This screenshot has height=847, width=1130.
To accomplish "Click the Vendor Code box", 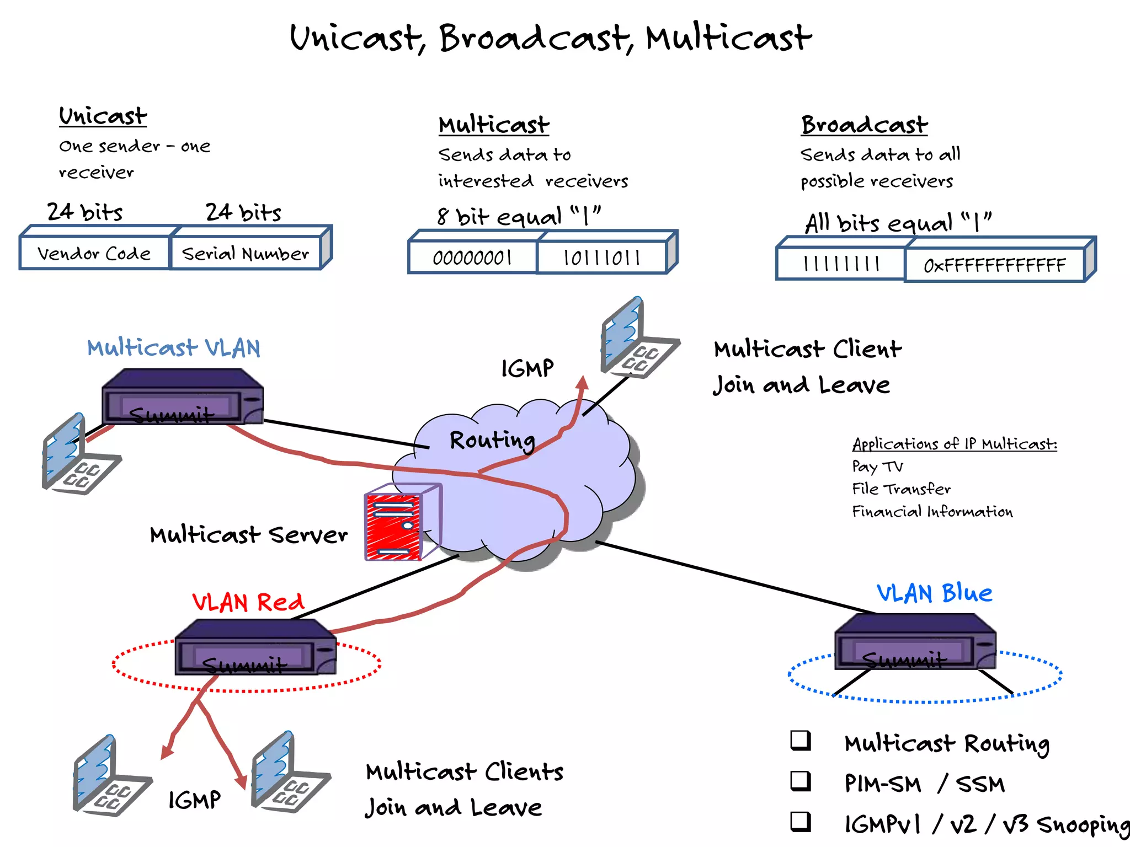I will click(x=94, y=253).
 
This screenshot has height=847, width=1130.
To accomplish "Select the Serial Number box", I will click(x=246, y=253).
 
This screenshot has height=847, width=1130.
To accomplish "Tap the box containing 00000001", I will click(x=472, y=258).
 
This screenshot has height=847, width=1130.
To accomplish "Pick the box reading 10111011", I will click(x=601, y=258).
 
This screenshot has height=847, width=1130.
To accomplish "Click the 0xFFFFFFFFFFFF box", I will click(x=994, y=266).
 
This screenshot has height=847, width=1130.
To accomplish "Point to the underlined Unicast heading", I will click(x=103, y=116).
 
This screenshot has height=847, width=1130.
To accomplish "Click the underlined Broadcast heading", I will click(x=864, y=125).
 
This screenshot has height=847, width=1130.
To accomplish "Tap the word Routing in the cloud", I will click(x=492, y=441).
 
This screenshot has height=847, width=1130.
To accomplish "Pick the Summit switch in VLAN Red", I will click(x=255, y=648).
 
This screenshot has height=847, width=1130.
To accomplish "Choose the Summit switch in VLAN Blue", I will click(x=915, y=642).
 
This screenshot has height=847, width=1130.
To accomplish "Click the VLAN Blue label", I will click(x=934, y=593).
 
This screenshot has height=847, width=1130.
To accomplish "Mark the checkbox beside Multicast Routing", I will click(x=800, y=741).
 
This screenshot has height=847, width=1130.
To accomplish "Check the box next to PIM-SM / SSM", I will click(x=800, y=781).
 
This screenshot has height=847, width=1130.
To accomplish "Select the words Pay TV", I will click(x=877, y=467).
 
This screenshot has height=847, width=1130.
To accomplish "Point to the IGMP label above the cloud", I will click(x=527, y=368).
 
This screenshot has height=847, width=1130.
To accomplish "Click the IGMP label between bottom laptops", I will click(x=194, y=800).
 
